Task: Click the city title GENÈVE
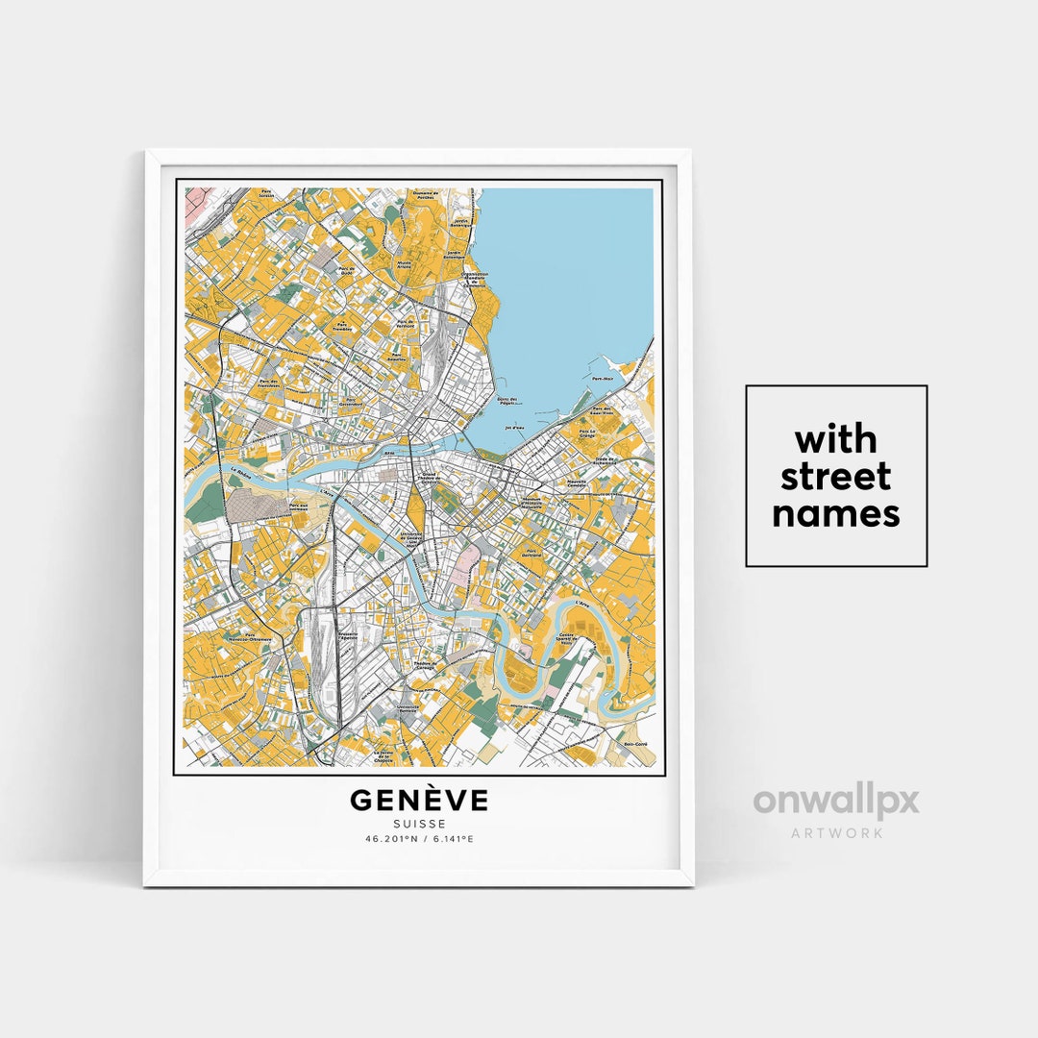pos(418,800)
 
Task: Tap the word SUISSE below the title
pos(418,823)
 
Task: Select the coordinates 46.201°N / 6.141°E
pos(418,839)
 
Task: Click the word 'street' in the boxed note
pos(835,477)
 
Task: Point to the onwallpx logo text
pos(835,801)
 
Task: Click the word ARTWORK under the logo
pos(835,832)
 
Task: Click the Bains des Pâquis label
pos(507,401)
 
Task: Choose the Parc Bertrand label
pos(531,555)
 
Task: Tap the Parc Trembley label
pos(343,327)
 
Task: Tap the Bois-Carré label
pos(635,745)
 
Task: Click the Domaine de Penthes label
pos(424,195)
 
